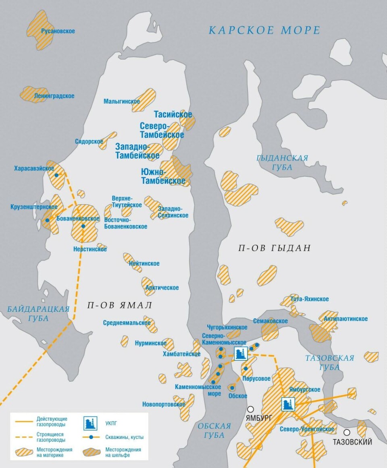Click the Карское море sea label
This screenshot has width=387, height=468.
pos(264,30)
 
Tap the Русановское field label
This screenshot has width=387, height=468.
pos(58,31)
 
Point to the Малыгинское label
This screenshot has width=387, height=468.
pos(121,101)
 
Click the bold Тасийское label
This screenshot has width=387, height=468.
pos(173,115)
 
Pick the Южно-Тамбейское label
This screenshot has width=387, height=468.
pos(163,176)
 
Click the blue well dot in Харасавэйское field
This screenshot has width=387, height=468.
pos(56,175)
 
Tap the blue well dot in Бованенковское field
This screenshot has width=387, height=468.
pos(83,226)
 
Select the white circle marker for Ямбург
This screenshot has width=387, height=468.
pos(250,409)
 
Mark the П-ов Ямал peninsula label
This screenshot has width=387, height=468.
pos(120,305)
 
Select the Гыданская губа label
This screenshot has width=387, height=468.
pos(282,162)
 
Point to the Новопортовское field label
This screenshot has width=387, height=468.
pos(164,404)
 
